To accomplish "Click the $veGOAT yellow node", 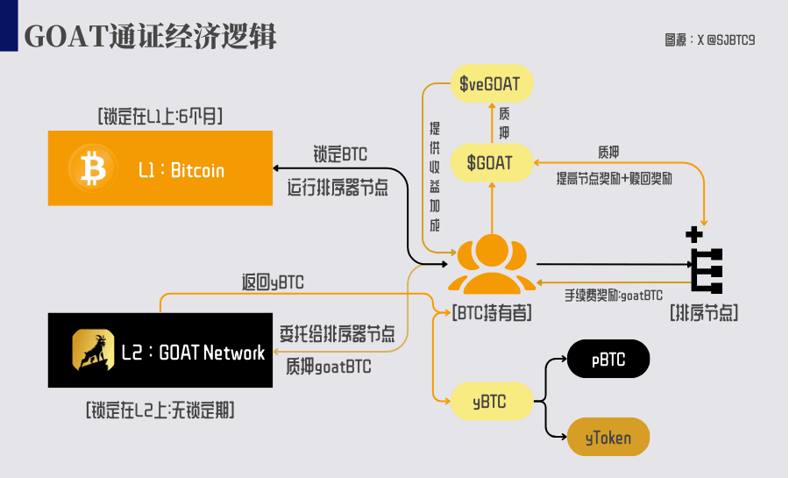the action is tap(492, 83).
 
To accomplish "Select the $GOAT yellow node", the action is tap(492, 162).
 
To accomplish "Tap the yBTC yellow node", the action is tap(492, 401).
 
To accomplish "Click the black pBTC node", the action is tap(608, 359).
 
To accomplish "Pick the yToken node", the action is tap(608, 437).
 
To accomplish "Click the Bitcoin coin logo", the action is tap(93, 168).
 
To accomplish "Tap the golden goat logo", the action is tap(93, 350).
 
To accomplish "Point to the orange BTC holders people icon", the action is tap(492, 264).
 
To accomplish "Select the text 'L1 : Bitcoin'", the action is tap(181, 170).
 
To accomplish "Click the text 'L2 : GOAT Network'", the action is tap(193, 353).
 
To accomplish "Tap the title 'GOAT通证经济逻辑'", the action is tap(150, 36).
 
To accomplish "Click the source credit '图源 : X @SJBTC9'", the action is tap(709, 39).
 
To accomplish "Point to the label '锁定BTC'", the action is tap(340, 154).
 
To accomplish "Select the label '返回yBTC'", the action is tap(273, 282).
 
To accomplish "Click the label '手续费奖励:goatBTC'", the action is tap(614, 296).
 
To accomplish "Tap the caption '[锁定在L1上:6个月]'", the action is tap(160, 117).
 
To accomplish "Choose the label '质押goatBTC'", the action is tap(329, 367).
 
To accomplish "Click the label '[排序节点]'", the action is tap(704, 313).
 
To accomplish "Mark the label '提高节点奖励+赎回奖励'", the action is tap(614, 179).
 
